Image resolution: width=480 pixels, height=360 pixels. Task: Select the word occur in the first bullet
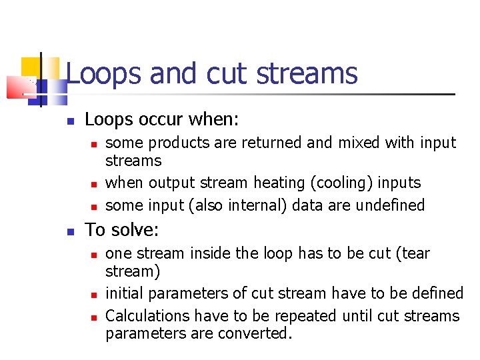click(163, 120)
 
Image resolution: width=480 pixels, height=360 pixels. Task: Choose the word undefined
click(390, 205)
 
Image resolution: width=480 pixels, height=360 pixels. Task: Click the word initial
click(126, 293)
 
